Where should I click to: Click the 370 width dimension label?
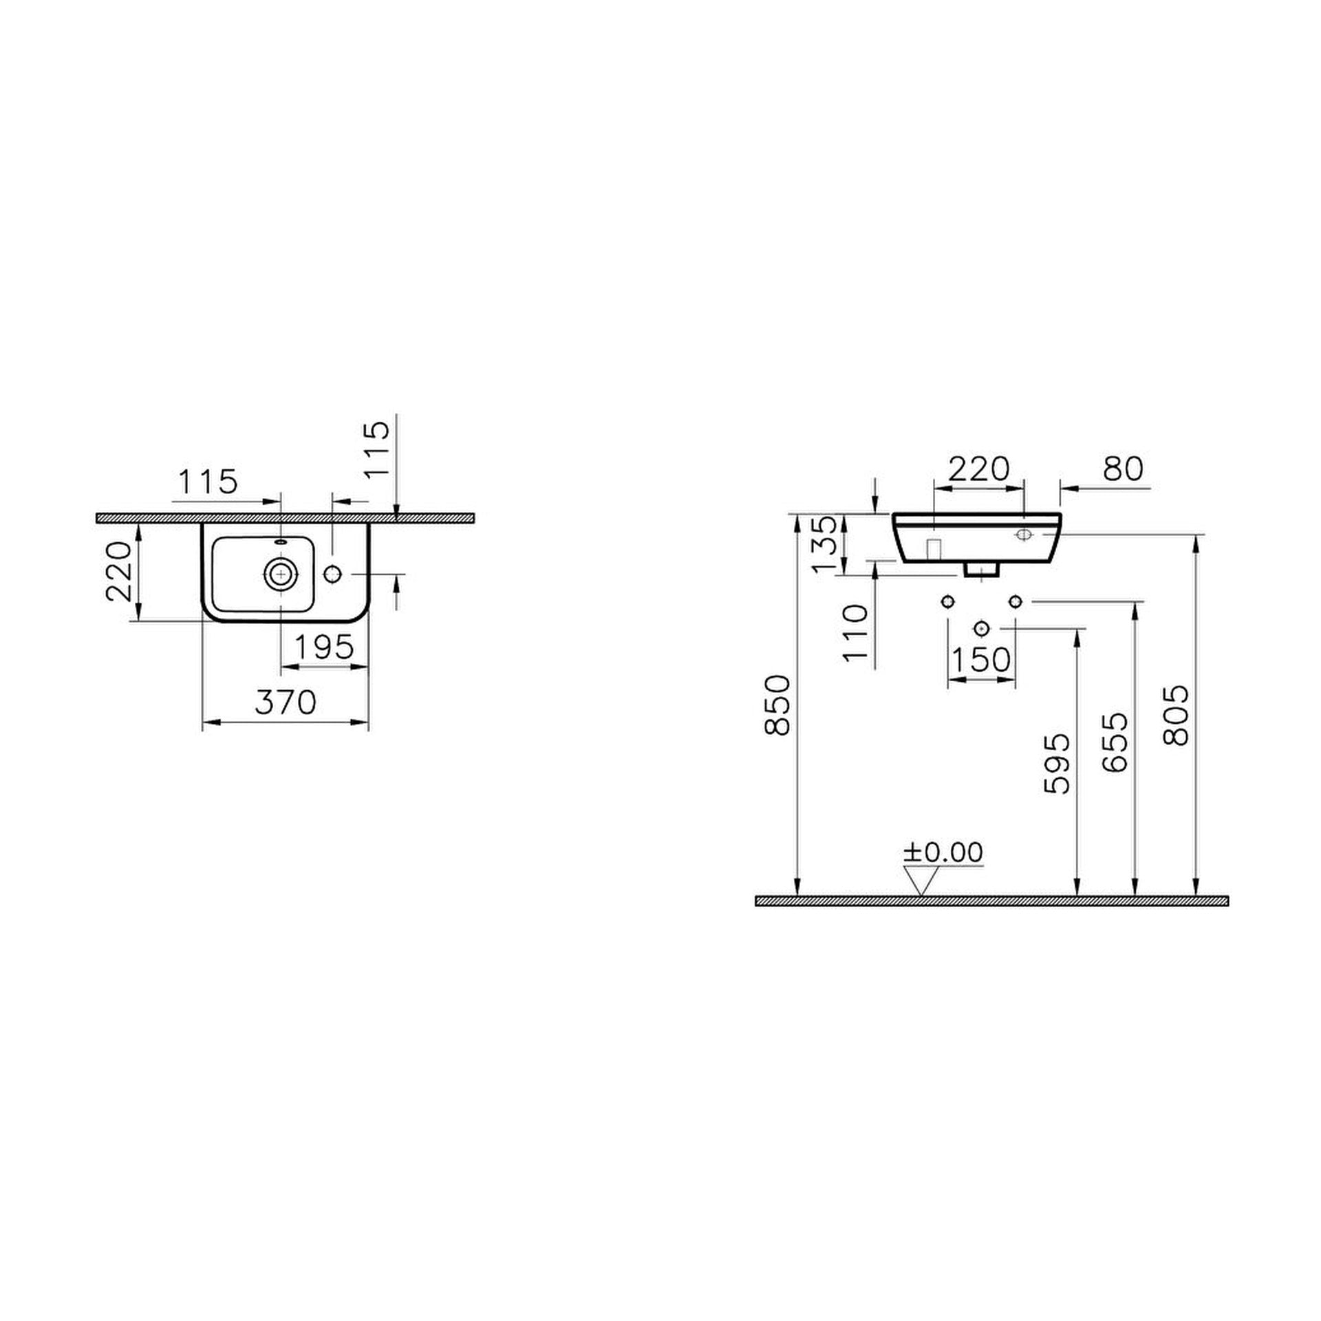tap(286, 702)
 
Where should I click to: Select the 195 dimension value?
tap(324, 647)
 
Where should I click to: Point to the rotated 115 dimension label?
tap(376, 450)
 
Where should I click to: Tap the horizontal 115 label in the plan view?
tap(208, 482)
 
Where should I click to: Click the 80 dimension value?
tap(1122, 469)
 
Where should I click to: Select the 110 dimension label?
tap(856, 633)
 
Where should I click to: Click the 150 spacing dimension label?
tap(981, 660)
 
